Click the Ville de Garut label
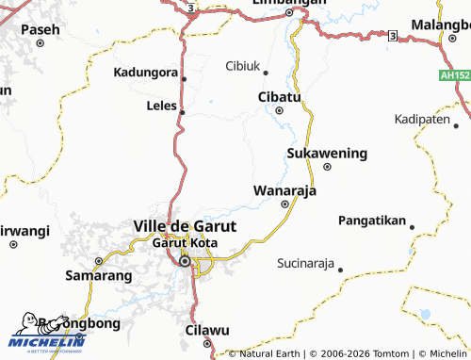tap(185, 226)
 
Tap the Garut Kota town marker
tap(186, 261)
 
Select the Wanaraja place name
tap(284, 190)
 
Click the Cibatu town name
tap(279, 97)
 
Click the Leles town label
tap(162, 106)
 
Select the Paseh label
tap(40, 30)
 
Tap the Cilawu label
tap(207, 331)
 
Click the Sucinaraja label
tap(306, 263)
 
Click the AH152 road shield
tap(453, 74)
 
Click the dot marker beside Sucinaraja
tap(340, 270)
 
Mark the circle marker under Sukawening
tap(327, 167)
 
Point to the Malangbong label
tap(440, 24)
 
